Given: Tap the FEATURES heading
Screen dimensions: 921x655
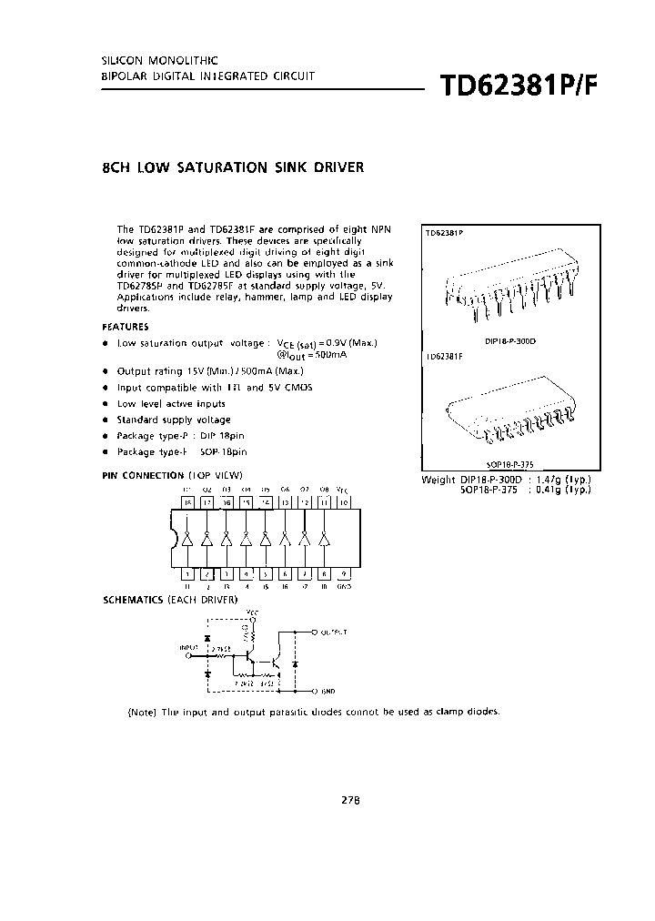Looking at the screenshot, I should tap(126, 327).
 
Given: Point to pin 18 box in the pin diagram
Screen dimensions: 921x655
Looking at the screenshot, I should tap(186, 501).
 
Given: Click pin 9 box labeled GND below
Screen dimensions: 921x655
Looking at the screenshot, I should tap(344, 573).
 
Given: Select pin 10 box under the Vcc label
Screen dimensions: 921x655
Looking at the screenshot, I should tap(344, 501).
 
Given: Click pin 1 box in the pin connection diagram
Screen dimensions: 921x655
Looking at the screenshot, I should tap(186, 573).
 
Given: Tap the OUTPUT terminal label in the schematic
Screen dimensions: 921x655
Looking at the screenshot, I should tap(338, 631).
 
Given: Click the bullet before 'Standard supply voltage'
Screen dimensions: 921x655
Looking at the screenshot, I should tap(106, 420).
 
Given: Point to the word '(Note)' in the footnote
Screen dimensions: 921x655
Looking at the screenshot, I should tap(142, 712).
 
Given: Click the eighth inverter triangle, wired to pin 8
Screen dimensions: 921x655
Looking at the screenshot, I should tap(324, 539).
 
